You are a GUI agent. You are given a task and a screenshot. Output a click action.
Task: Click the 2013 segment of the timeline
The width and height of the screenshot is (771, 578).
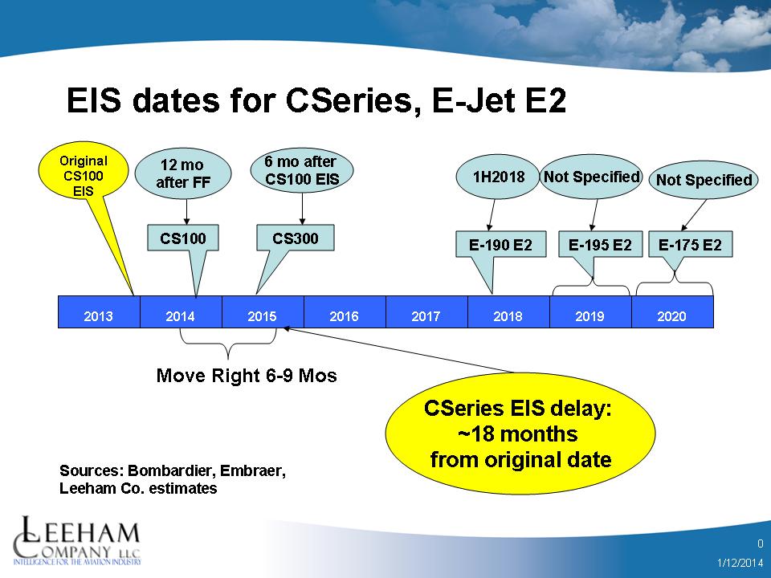(x=99, y=311)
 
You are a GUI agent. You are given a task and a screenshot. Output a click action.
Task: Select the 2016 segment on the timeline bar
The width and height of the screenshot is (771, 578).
(x=345, y=311)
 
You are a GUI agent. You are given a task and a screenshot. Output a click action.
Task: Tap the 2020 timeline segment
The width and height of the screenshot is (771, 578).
(x=672, y=311)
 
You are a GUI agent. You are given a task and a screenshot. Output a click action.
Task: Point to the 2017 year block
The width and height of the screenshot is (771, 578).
(x=426, y=311)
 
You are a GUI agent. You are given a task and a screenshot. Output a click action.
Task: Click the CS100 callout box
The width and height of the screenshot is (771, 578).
(x=183, y=238)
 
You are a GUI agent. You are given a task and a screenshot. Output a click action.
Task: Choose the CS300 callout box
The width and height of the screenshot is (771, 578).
(x=295, y=238)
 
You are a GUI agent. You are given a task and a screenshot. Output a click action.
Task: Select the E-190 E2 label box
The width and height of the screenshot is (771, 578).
(x=500, y=244)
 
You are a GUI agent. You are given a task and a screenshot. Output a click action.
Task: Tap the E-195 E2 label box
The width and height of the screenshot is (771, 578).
(x=600, y=244)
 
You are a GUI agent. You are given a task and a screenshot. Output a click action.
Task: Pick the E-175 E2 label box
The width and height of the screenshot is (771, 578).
(x=691, y=244)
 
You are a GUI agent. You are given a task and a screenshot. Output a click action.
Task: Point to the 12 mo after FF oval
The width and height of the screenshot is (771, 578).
(x=183, y=173)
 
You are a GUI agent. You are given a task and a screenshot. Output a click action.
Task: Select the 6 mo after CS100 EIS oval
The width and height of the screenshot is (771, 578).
(x=302, y=170)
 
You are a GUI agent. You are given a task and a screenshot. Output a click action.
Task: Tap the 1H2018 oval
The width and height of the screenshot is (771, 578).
(x=498, y=177)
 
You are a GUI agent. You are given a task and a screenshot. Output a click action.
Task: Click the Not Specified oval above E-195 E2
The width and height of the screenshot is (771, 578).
(x=592, y=177)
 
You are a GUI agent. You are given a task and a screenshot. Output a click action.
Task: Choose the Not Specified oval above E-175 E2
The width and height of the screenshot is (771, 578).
(x=704, y=180)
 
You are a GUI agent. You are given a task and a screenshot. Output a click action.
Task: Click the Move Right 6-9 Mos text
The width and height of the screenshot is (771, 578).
(x=247, y=376)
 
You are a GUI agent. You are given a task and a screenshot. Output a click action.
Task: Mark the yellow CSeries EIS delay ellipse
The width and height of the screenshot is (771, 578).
(x=520, y=433)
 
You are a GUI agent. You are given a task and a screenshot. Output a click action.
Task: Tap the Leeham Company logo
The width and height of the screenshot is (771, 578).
(x=77, y=540)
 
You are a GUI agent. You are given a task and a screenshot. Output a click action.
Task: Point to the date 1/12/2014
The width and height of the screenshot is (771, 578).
(x=740, y=562)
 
